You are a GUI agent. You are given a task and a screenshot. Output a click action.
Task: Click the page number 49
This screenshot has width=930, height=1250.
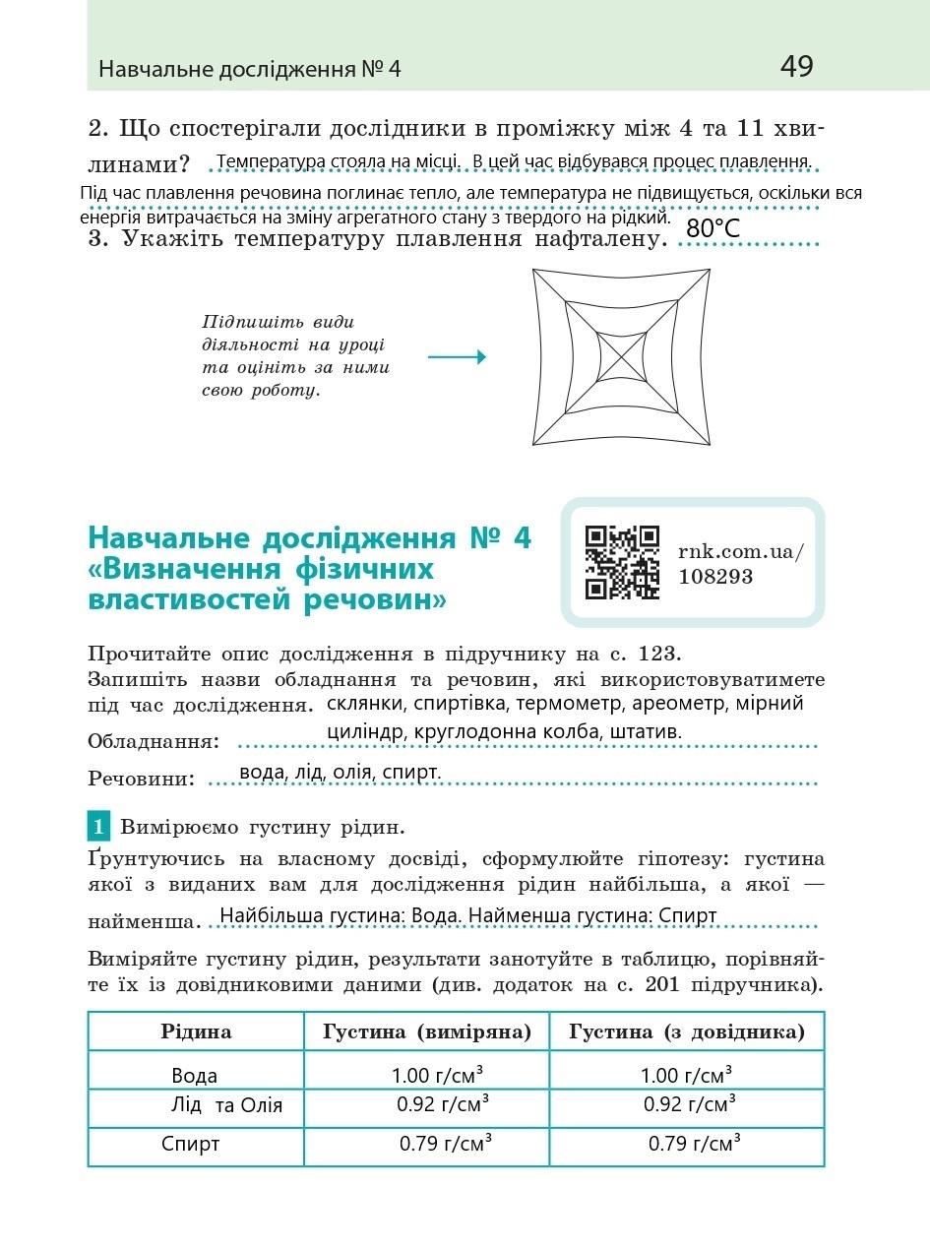click(796, 67)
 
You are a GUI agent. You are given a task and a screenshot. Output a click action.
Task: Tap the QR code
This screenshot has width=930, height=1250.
click(622, 562)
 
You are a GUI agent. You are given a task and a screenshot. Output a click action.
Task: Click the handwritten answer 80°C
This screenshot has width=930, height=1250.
click(713, 228)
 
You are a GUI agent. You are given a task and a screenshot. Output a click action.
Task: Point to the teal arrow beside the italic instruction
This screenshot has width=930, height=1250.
click(457, 357)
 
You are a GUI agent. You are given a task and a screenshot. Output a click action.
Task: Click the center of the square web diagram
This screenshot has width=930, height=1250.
click(622, 357)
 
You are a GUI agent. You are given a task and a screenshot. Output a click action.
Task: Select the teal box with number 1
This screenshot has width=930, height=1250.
click(98, 826)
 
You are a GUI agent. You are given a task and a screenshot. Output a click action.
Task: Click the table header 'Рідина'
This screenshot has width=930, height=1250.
click(196, 1031)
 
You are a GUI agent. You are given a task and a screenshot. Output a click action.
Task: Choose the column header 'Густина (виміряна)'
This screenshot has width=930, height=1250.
click(427, 1031)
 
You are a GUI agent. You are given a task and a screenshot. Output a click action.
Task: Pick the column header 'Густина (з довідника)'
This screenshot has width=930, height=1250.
click(687, 1031)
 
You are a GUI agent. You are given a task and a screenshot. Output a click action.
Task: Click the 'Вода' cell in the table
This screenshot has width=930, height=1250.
click(195, 1076)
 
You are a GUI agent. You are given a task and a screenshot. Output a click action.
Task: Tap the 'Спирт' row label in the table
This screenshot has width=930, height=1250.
click(191, 1144)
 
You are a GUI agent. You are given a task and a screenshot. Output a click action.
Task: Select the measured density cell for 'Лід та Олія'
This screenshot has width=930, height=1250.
click(443, 1104)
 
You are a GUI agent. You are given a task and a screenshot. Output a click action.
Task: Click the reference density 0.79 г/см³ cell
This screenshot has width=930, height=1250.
click(694, 1144)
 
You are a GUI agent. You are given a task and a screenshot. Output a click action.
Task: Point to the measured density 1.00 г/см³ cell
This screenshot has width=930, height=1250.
click(443, 1075)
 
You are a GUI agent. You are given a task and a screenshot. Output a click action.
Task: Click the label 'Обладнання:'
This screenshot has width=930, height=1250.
click(154, 741)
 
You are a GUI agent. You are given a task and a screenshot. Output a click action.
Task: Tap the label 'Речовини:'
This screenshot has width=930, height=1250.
click(142, 779)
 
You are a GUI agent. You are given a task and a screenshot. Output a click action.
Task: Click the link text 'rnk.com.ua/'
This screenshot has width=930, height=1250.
click(740, 551)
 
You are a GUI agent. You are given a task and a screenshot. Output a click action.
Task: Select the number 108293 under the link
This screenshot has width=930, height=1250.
click(715, 577)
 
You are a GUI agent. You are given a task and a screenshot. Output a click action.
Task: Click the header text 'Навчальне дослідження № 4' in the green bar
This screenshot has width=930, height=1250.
click(250, 70)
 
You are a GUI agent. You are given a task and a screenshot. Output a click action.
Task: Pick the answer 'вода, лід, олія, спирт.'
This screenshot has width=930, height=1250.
click(340, 773)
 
